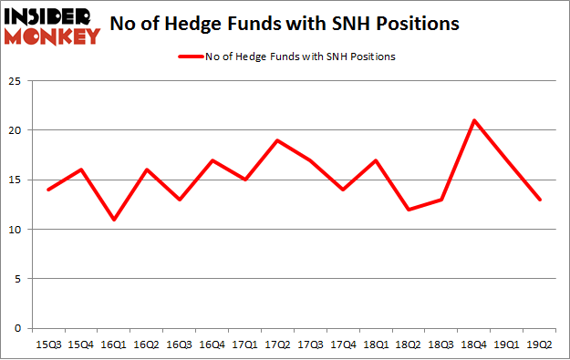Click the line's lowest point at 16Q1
click(113, 220)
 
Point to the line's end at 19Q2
click(540, 200)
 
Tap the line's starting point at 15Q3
click(48, 190)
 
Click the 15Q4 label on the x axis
click(80, 345)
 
